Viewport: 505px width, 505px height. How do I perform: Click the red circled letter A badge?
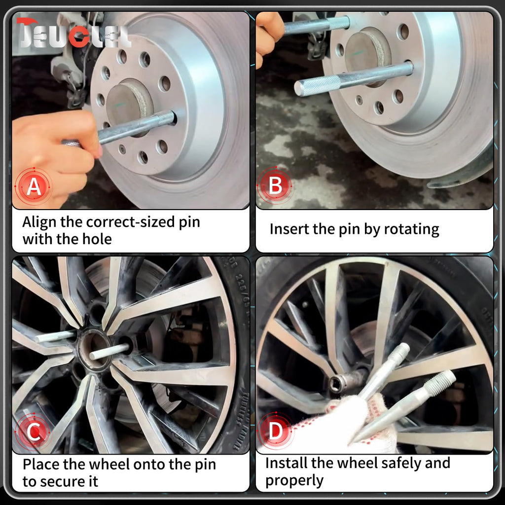(x=34, y=186)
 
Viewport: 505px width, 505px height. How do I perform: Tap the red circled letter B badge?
(x=275, y=186)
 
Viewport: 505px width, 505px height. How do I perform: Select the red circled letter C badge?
(x=34, y=432)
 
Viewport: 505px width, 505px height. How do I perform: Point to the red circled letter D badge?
(x=275, y=431)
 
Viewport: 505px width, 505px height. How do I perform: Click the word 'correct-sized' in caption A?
(x=130, y=222)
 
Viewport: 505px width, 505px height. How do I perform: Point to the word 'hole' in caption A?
(x=97, y=239)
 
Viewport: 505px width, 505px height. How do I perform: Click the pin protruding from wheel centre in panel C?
(x=109, y=351)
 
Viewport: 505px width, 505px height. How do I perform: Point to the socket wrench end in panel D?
(x=346, y=380)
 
